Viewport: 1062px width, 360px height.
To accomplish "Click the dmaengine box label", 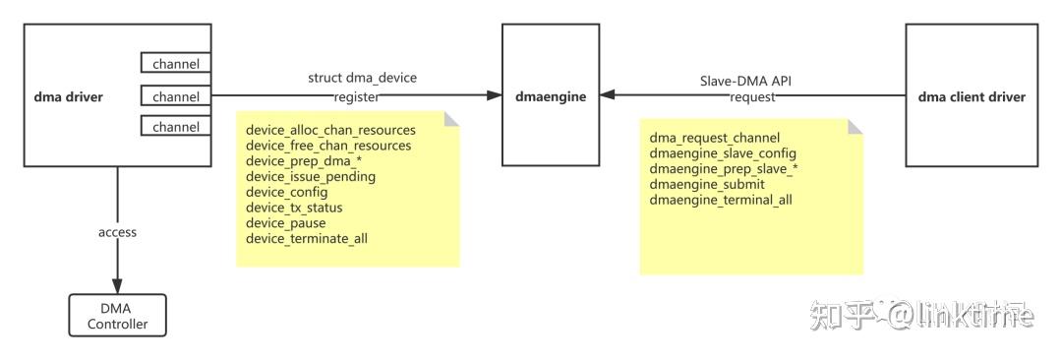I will [x=550, y=96].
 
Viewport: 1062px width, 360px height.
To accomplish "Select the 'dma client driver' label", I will [x=971, y=96].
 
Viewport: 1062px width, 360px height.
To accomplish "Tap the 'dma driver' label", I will [x=68, y=96].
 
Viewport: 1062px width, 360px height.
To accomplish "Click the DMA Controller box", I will [x=117, y=316].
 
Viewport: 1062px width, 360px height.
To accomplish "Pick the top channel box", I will [x=175, y=65].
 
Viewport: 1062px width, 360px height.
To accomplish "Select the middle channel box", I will [x=175, y=96].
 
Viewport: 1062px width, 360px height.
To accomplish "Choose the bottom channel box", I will [x=175, y=127].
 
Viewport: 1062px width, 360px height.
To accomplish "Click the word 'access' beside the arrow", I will [x=117, y=232].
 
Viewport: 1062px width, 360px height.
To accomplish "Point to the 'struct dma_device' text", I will [x=355, y=78].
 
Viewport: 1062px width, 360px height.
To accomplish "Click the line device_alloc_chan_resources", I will [x=330, y=130].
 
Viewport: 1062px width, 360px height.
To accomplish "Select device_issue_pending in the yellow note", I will [x=311, y=177].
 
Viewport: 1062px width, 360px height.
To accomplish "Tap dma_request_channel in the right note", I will [x=715, y=138].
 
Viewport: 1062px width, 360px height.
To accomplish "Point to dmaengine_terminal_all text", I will [x=721, y=200].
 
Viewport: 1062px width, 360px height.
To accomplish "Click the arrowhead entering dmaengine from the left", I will [x=495, y=96].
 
